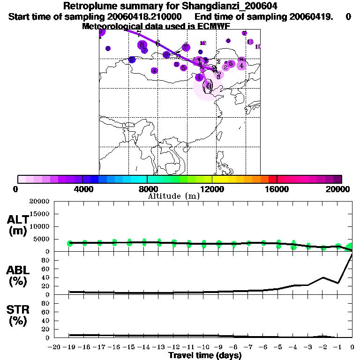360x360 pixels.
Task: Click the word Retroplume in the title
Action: [87, 6]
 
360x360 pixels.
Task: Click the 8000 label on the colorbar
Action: [147, 189]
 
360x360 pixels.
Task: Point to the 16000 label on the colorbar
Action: [277, 189]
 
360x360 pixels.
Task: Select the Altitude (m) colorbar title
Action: [173, 196]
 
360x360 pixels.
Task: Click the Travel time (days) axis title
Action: [205, 356]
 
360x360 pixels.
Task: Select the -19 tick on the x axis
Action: [70, 347]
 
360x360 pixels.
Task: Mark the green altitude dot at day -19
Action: [70, 243]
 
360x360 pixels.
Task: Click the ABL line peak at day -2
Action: [323, 277]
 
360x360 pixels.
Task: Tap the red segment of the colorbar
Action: [272, 179]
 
